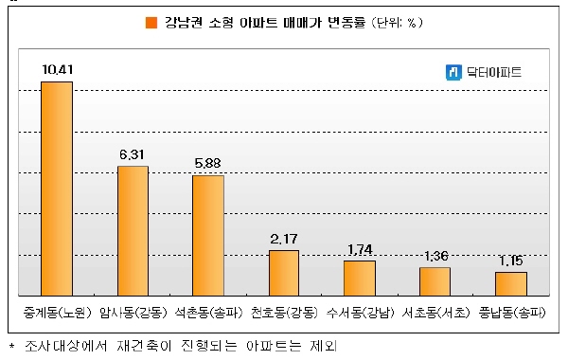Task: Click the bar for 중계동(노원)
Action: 57,189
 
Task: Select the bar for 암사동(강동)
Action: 133,231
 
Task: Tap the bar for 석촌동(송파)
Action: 208,236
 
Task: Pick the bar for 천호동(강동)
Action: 284,273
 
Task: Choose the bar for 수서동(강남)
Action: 360,279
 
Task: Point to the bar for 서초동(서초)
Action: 435,281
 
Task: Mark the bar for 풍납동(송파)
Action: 511,284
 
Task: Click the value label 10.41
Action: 57,69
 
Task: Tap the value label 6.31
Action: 132,154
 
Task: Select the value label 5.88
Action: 207,164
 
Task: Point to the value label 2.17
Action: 284,239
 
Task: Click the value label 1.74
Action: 360,249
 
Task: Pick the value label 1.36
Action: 436,257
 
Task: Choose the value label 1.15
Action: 511,261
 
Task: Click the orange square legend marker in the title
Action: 151,23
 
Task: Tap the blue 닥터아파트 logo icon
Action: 453,72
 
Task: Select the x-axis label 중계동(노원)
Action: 57,312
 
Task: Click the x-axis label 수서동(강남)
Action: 360,312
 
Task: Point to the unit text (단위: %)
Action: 397,23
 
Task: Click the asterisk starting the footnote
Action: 12,346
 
